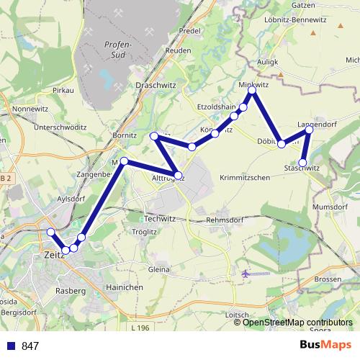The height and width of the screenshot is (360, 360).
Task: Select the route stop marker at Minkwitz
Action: (x=252, y=91)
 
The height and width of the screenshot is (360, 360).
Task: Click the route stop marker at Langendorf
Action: (x=310, y=130)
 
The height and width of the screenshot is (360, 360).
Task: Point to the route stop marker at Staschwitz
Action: (x=304, y=162)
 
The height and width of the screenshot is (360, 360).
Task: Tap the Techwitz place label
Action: (x=160, y=217)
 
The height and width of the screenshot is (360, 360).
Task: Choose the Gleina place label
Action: (x=158, y=269)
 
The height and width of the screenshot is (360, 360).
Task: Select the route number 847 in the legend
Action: (x=30, y=346)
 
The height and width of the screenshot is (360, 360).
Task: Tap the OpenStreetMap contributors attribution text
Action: (x=297, y=323)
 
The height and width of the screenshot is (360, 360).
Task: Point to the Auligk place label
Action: (x=267, y=63)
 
